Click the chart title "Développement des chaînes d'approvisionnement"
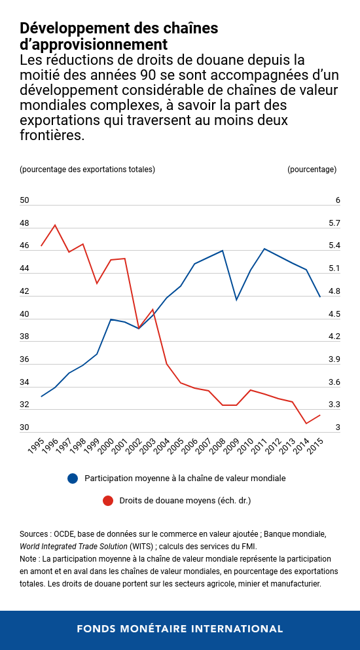coord(118,36)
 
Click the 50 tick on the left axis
coord(25,200)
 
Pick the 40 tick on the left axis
coord(25,314)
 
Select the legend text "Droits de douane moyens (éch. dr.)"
coord(185,501)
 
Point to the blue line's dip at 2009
coord(236,300)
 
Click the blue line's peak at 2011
coord(264,249)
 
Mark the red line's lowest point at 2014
coord(306,424)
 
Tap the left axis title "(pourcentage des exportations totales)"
coord(88,170)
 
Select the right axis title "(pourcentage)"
coord(312,170)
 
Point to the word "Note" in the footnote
coord(29,559)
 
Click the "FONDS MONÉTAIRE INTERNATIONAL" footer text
coord(180,628)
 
